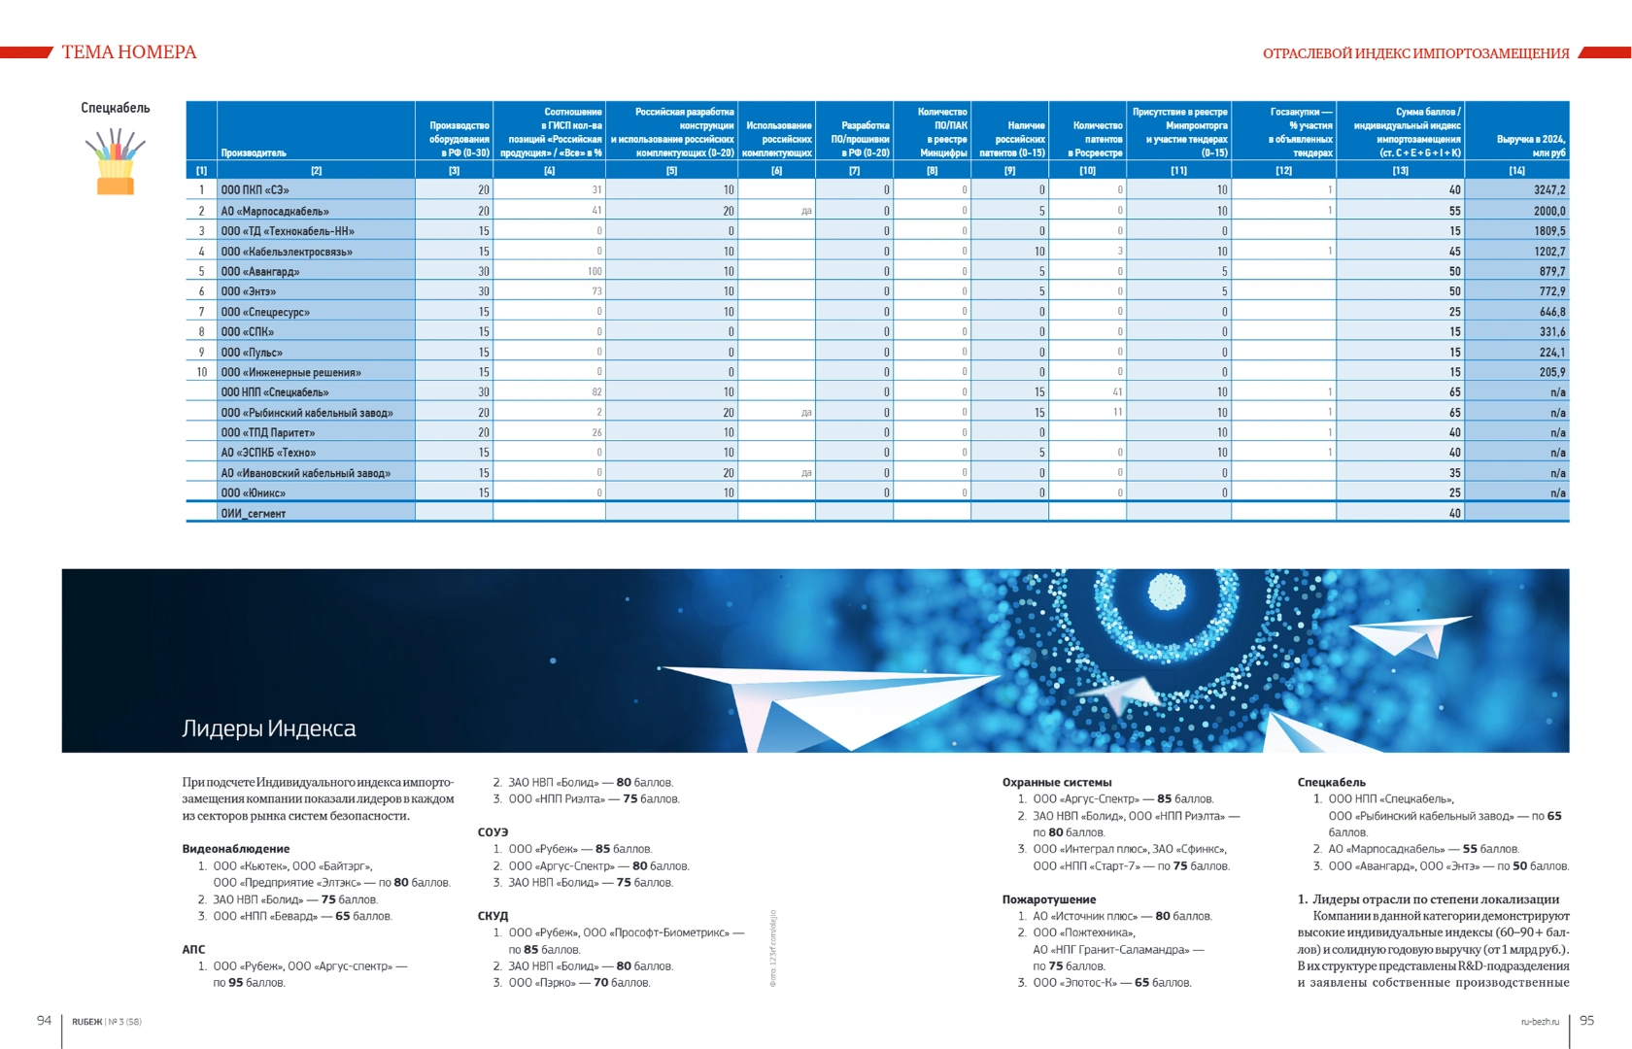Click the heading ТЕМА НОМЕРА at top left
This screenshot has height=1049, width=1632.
click(x=128, y=52)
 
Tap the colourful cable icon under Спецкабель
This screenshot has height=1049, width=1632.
click(x=115, y=162)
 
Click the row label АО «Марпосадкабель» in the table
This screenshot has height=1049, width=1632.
click(x=275, y=211)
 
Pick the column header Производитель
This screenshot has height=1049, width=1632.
click(x=254, y=152)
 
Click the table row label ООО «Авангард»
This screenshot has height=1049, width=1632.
click(x=259, y=272)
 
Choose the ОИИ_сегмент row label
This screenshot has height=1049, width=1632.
click(x=253, y=514)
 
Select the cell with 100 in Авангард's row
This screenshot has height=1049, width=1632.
click(x=594, y=272)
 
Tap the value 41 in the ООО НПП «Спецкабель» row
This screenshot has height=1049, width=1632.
click(x=1117, y=392)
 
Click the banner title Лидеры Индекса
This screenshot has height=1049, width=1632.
click(x=268, y=728)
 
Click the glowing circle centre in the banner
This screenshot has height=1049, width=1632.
click(x=1166, y=590)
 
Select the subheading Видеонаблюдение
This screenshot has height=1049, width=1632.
click(x=236, y=849)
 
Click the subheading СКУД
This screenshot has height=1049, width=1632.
click(x=493, y=916)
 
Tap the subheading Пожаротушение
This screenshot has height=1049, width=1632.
click(x=1049, y=899)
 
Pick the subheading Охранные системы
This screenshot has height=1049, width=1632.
click(x=1057, y=782)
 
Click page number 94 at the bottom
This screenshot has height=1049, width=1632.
click(x=44, y=1020)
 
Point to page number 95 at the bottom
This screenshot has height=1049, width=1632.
click(x=1586, y=1020)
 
